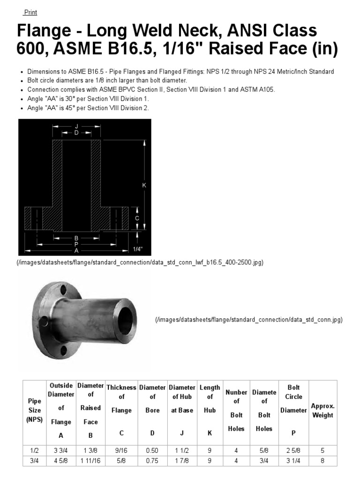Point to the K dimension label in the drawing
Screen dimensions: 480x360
pyautogui.click(x=144, y=185)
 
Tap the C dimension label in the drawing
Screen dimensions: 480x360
pyautogui.click(x=137, y=218)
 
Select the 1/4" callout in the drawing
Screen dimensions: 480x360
pyautogui.click(x=137, y=249)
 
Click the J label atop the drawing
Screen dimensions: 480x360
pyautogui.click(x=76, y=126)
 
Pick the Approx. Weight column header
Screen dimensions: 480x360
pyautogui.click(x=322, y=410)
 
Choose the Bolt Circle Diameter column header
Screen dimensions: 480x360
pyautogui.click(x=293, y=410)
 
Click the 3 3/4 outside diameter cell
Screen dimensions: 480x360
pyautogui.click(x=60, y=450)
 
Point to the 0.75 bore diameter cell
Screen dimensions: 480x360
pyautogui.click(x=152, y=461)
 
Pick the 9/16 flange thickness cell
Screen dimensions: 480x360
pyautogui.click(x=121, y=450)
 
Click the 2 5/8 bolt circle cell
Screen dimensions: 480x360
pyautogui.click(x=293, y=450)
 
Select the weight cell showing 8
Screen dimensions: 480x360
pyautogui.click(x=322, y=461)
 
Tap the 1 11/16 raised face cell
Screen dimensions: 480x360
pyautogui.click(x=90, y=461)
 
